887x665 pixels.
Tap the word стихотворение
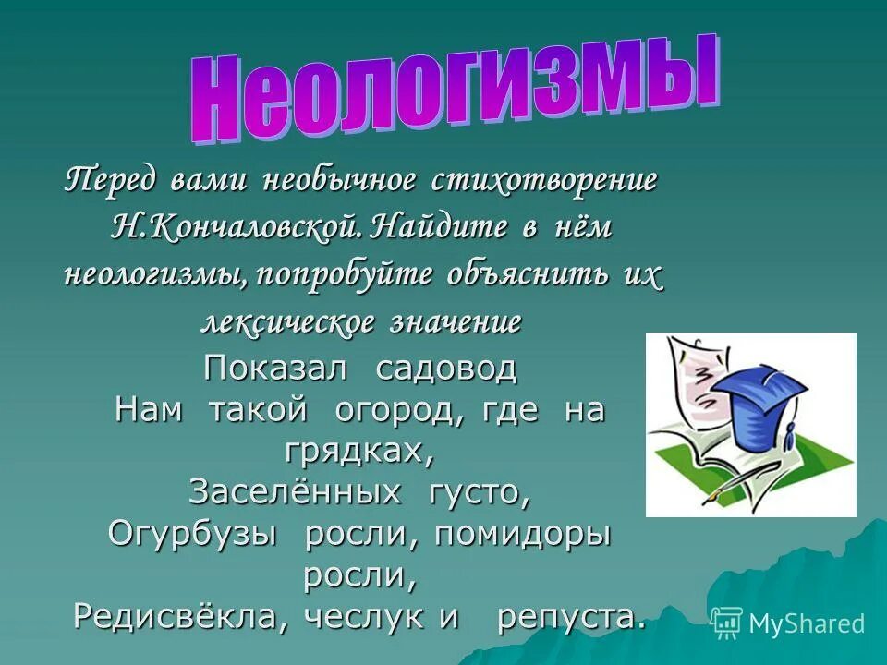click(x=543, y=178)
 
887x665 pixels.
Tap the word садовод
click(x=446, y=369)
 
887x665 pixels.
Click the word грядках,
click(x=359, y=451)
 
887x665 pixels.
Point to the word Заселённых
click(x=296, y=492)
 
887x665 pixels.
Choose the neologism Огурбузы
click(x=193, y=535)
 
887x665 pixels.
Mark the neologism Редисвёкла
click(x=173, y=616)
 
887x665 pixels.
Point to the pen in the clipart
click(x=739, y=480)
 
